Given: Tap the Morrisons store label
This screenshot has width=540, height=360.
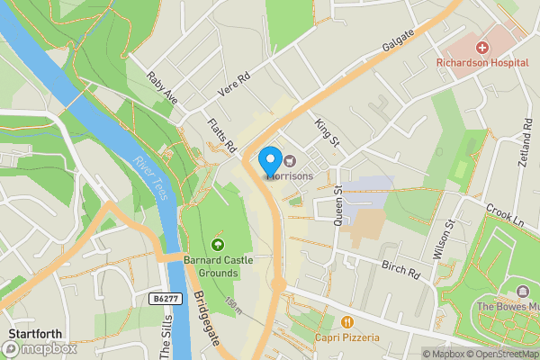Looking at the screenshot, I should point(292,175).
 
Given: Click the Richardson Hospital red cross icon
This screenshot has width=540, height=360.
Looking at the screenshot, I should point(482,47).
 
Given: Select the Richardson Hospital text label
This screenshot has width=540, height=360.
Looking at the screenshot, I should point(481,63).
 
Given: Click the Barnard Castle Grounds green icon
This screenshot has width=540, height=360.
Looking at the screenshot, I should point(216,245).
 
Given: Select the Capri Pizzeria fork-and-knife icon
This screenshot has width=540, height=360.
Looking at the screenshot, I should point(346,321).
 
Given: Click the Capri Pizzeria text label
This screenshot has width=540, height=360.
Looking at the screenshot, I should point(346,337).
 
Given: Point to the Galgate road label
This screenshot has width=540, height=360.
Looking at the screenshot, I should point(397,41).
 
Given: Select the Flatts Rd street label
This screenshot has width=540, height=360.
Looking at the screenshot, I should point(220,133).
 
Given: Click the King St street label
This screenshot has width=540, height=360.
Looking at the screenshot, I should point(327,132).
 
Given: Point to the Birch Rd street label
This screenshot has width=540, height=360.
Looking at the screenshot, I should point(401,269).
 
